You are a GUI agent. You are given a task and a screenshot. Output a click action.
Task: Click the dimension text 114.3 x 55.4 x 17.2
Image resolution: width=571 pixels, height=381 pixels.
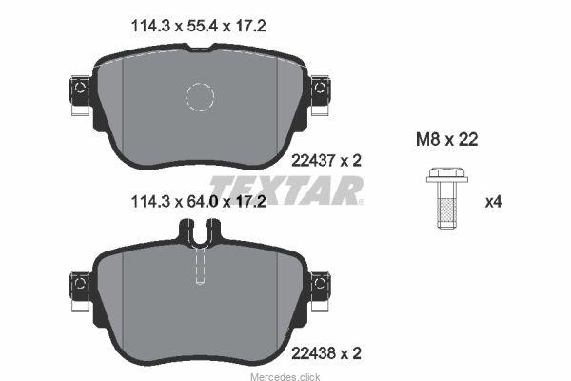199,27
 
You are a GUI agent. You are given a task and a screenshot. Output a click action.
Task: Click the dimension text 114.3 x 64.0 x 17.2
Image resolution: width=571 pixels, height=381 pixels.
199,201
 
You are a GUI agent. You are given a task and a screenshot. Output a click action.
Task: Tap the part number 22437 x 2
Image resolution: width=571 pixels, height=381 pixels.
326,160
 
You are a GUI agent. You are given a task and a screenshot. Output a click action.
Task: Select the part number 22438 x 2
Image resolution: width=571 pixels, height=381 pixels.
326,353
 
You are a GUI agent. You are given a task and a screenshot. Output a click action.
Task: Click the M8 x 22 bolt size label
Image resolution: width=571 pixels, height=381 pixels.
447,139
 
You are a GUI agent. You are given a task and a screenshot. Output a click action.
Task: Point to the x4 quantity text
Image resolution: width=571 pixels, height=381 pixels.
493,202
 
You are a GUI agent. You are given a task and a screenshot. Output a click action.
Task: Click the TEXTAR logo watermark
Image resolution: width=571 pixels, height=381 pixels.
286,190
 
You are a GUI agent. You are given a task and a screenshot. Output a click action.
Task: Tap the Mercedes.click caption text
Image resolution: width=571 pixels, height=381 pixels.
285,376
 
